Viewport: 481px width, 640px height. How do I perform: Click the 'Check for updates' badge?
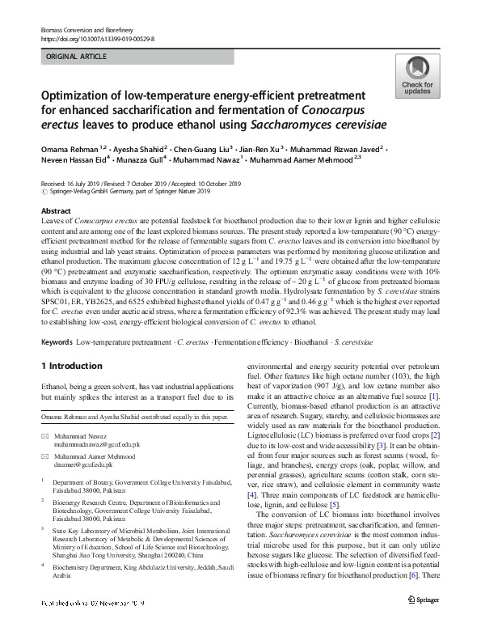click(416, 77)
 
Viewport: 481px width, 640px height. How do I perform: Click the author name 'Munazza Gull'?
click(150, 163)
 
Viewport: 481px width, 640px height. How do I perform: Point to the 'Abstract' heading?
click(56, 210)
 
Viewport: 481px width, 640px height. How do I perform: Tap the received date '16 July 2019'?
click(82, 184)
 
